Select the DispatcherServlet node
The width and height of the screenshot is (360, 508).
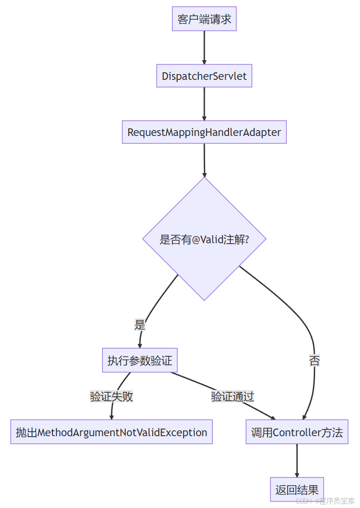[x=204, y=76]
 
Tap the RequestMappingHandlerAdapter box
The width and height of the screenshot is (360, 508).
[x=204, y=132]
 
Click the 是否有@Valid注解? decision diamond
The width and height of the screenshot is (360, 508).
[x=204, y=239]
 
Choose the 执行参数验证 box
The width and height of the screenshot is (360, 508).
[x=140, y=360]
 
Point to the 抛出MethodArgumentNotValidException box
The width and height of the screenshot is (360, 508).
[x=111, y=432]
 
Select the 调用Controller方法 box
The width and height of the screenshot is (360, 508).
[x=297, y=432]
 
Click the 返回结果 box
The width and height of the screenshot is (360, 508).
[x=297, y=489]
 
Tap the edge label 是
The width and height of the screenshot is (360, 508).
[x=140, y=325]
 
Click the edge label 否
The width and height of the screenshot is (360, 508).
[x=315, y=361]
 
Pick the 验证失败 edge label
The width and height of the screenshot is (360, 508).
[x=112, y=397]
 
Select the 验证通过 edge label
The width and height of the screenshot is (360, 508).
[x=233, y=397]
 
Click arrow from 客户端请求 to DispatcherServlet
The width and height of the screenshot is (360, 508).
[x=204, y=47]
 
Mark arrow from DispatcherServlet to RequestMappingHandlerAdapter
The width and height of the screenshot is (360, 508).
[x=204, y=103]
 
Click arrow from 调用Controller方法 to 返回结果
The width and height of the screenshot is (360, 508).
[x=297, y=460]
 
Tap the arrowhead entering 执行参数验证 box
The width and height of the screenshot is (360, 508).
[x=140, y=345]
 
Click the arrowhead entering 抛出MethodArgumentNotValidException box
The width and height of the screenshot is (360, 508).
[x=111, y=417]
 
